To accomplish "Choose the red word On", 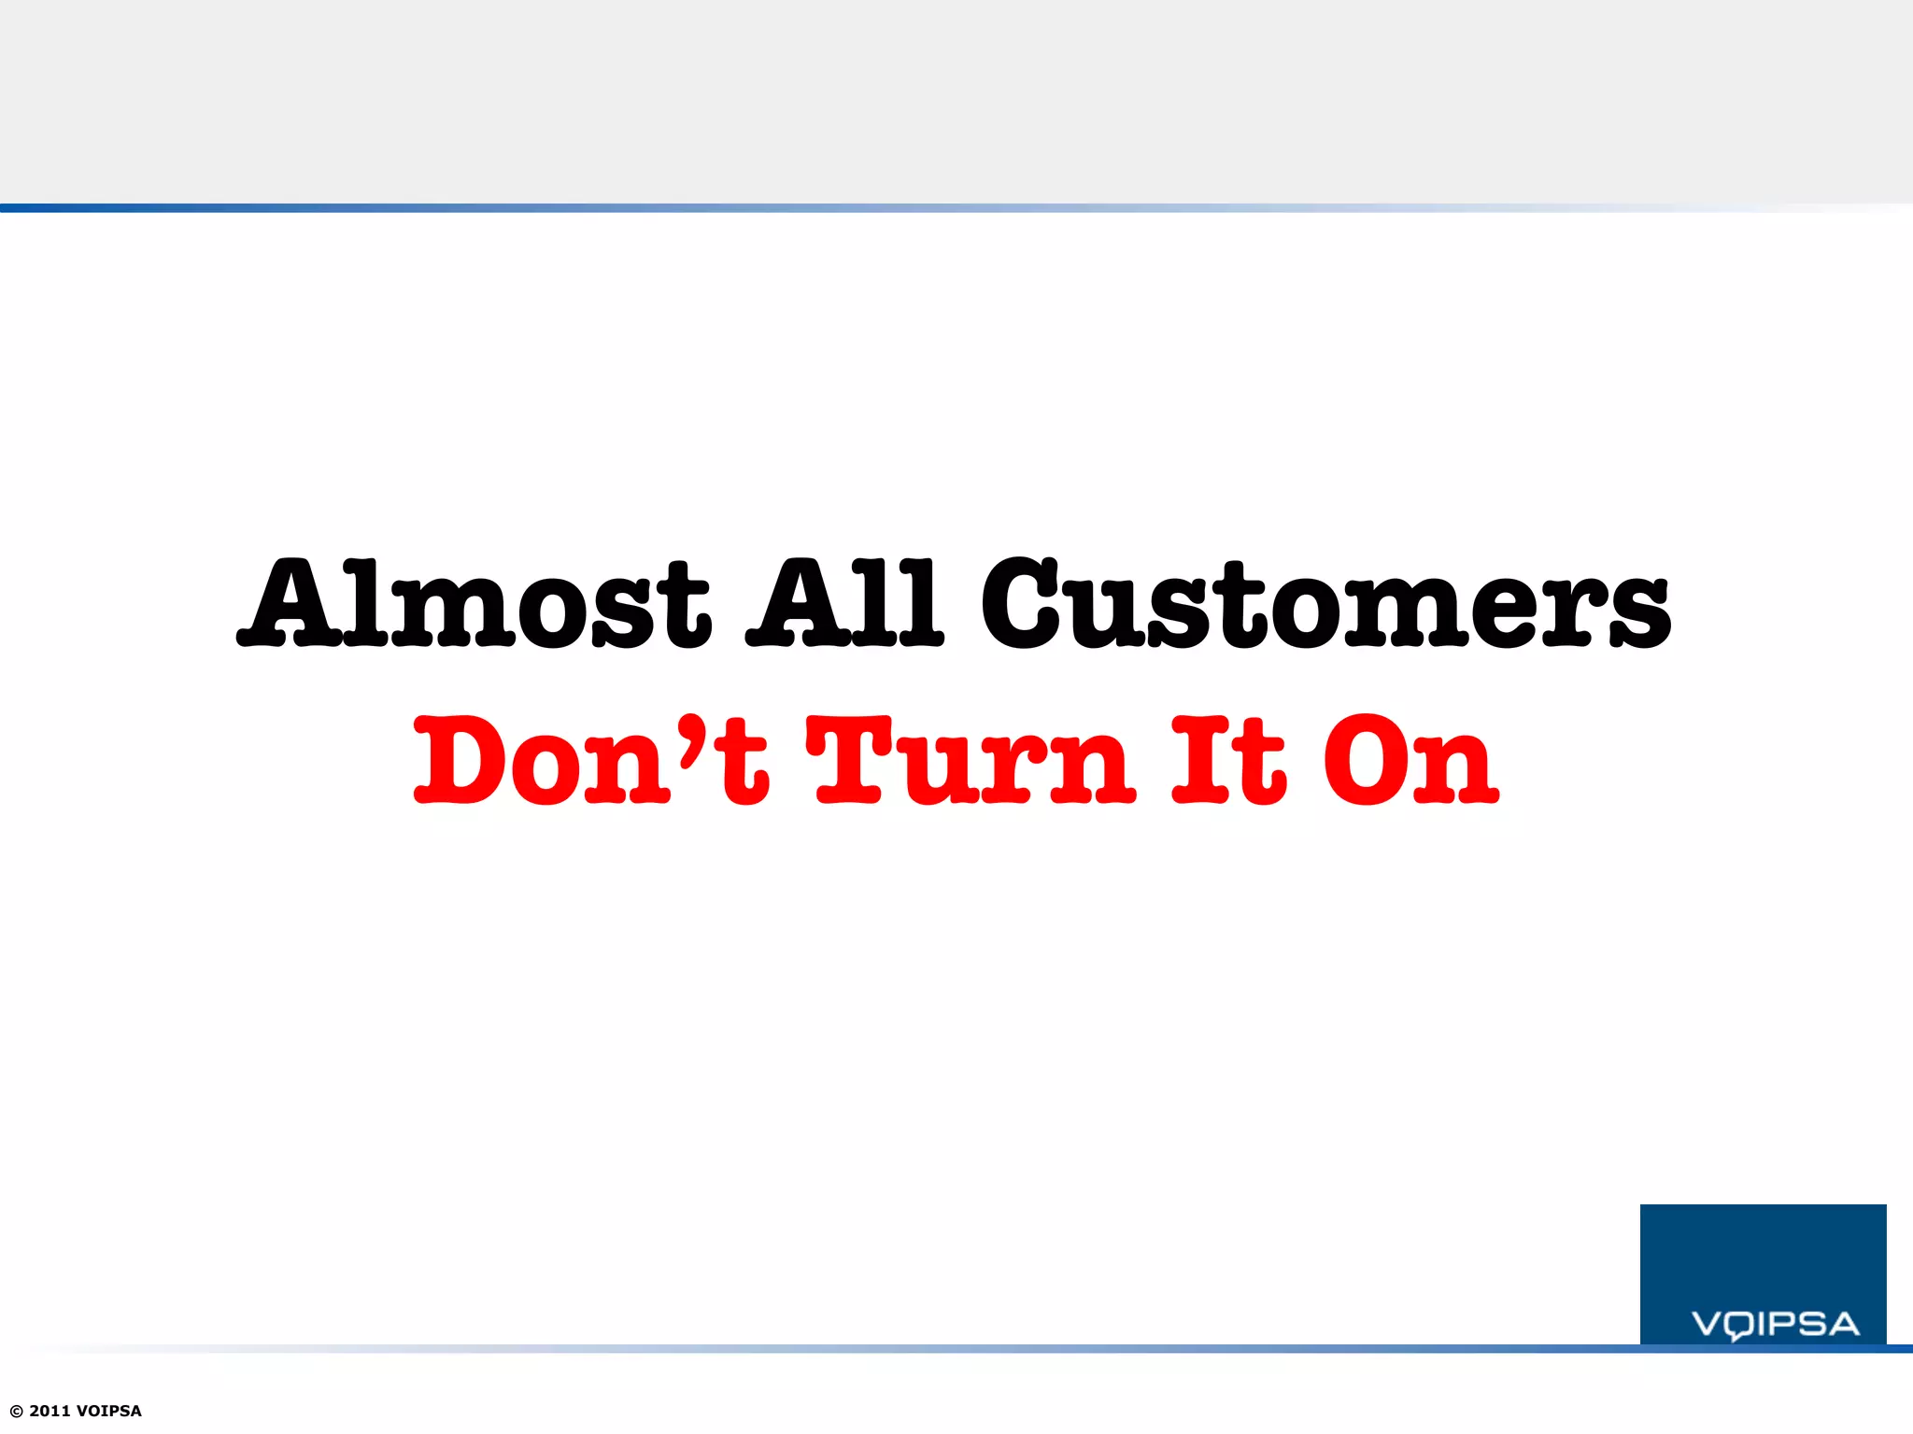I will (1410, 761).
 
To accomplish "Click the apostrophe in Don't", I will (692, 738).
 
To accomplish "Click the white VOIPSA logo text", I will (1775, 1324).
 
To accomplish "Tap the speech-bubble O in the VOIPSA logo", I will (1738, 1326).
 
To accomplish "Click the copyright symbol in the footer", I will (16, 1411).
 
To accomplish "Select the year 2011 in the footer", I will (50, 1411).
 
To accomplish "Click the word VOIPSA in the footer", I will (109, 1411).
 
